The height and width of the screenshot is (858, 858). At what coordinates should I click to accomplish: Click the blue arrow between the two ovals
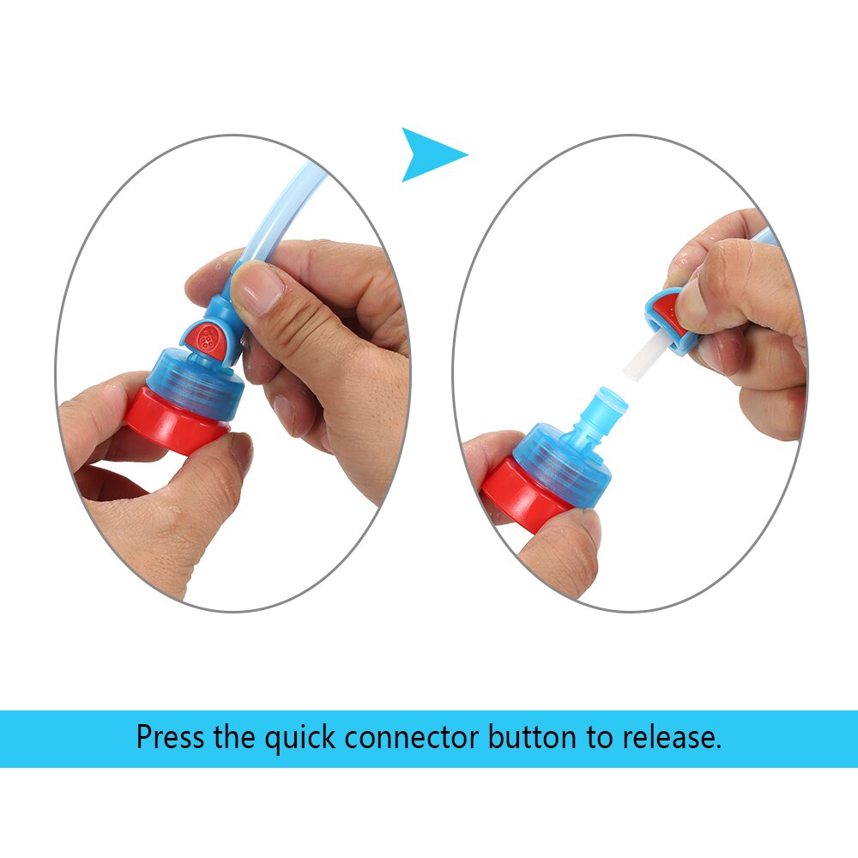pos(428,154)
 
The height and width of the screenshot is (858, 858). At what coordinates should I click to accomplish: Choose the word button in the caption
pos(529,737)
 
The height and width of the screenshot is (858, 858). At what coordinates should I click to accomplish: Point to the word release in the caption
pos(670,737)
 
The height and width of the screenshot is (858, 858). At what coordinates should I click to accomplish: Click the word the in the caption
pos(233,737)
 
